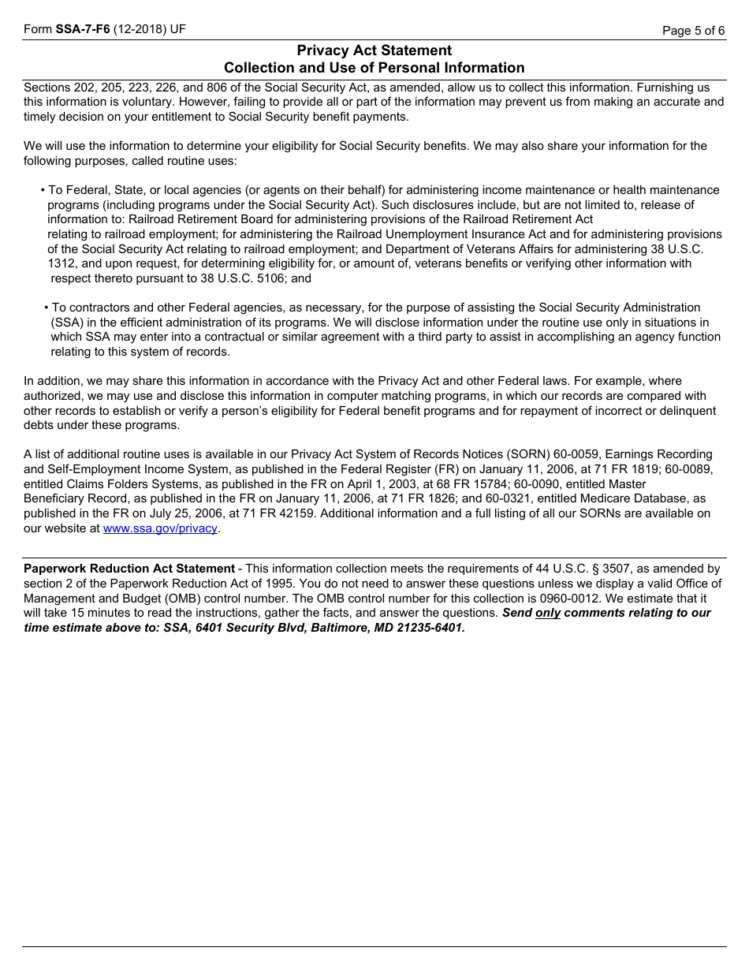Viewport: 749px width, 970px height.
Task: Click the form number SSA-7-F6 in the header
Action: pos(83,30)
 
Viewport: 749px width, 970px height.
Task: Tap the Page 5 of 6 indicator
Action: pos(693,31)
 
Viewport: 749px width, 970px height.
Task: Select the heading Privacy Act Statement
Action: pos(374,50)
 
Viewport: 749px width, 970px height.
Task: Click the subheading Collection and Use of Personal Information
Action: pos(374,68)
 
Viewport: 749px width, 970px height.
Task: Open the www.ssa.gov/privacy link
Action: pos(160,528)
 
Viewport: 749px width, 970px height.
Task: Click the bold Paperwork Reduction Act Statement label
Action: pos(129,569)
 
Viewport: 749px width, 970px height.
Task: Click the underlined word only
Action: pos(548,614)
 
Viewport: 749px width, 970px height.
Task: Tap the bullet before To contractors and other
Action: pos(47,308)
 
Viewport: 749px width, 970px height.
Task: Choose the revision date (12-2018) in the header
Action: pos(140,30)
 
